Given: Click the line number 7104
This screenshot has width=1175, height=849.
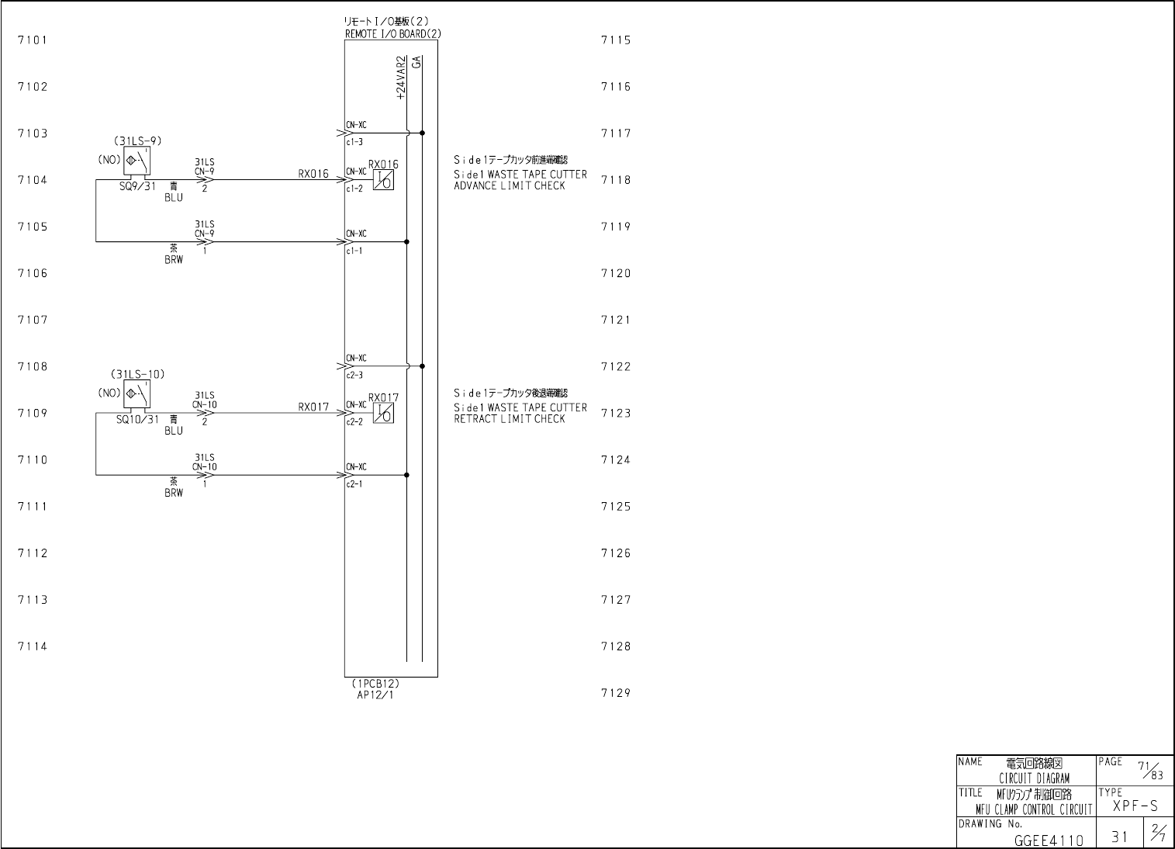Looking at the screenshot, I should click(33, 180).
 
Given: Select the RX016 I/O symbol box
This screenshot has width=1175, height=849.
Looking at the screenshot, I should click(383, 180).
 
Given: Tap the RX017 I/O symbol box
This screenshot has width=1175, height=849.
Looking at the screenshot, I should click(383, 414).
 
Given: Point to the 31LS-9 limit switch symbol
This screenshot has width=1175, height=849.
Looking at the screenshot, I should click(137, 160).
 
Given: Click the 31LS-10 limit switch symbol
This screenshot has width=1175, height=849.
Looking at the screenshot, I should click(137, 393).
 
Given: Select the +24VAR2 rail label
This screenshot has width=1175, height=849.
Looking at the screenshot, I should click(401, 78).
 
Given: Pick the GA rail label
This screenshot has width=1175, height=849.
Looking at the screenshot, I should click(417, 61).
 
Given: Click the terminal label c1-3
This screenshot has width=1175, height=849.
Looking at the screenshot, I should click(354, 142).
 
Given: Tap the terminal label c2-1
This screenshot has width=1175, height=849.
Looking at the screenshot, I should click(354, 484).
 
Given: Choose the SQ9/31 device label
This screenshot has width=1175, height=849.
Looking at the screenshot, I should click(138, 187).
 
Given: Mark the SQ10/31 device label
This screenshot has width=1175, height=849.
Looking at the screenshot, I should click(138, 420).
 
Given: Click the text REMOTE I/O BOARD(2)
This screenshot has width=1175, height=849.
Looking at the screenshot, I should click(393, 34).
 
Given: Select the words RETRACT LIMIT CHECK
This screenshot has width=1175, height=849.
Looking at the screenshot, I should click(510, 419).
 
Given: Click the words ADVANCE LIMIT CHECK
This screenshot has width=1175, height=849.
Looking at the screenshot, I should click(510, 185).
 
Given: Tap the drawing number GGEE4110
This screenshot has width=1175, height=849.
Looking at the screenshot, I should click(1049, 840).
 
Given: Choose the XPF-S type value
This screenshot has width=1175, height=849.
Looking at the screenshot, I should click(1135, 806).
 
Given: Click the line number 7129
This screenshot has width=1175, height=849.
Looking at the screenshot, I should click(616, 693).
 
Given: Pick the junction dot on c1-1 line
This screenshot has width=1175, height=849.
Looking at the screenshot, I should click(407, 242).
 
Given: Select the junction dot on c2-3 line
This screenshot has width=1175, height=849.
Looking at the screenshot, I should click(422, 366).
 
